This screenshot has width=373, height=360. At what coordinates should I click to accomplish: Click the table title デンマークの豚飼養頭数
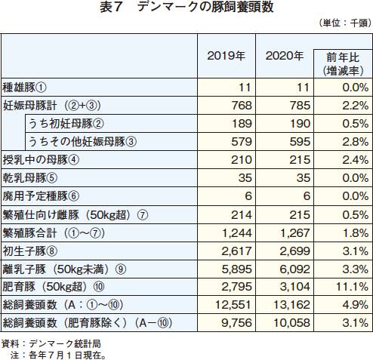point(205,7)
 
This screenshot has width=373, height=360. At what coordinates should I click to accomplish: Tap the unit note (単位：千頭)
point(345,23)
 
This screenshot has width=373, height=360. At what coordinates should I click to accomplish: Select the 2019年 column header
point(226,56)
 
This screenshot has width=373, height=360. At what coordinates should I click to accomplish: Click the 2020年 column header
point(285,56)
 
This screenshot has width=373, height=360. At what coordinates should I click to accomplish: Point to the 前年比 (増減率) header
point(343,64)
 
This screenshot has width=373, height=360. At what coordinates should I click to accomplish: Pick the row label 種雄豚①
point(24,88)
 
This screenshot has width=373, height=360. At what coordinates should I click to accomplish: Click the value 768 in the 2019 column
point(242,106)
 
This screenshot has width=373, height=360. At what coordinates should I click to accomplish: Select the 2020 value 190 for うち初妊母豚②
point(300,124)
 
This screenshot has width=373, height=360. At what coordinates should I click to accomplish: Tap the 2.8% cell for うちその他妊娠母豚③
point(356,142)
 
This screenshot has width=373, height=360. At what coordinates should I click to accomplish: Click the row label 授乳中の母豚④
point(41,160)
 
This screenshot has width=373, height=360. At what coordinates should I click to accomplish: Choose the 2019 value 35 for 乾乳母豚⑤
point(245,178)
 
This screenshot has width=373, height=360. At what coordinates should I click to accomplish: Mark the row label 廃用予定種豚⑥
point(41,196)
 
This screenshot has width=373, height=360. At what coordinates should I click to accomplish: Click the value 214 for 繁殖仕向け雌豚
point(242,215)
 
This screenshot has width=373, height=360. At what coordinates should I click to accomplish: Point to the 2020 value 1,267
point(295,233)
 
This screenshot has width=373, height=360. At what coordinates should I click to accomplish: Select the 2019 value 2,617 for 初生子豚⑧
point(236,251)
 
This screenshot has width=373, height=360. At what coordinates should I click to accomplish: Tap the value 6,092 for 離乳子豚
point(295,269)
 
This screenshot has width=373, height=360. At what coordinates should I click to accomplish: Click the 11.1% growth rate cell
point(352,287)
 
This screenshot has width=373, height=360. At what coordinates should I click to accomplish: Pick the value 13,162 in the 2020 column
point(291,305)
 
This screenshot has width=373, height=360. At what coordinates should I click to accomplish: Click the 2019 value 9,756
point(236,323)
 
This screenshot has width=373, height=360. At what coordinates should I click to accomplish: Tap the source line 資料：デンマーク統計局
point(51,343)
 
